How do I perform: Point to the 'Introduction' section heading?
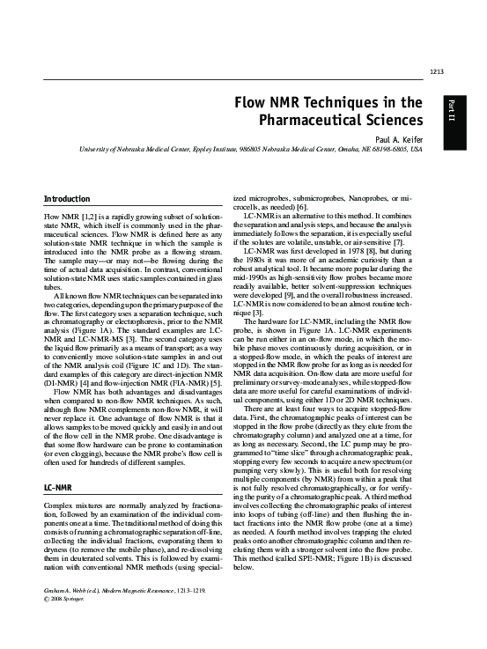tap(66, 200)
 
